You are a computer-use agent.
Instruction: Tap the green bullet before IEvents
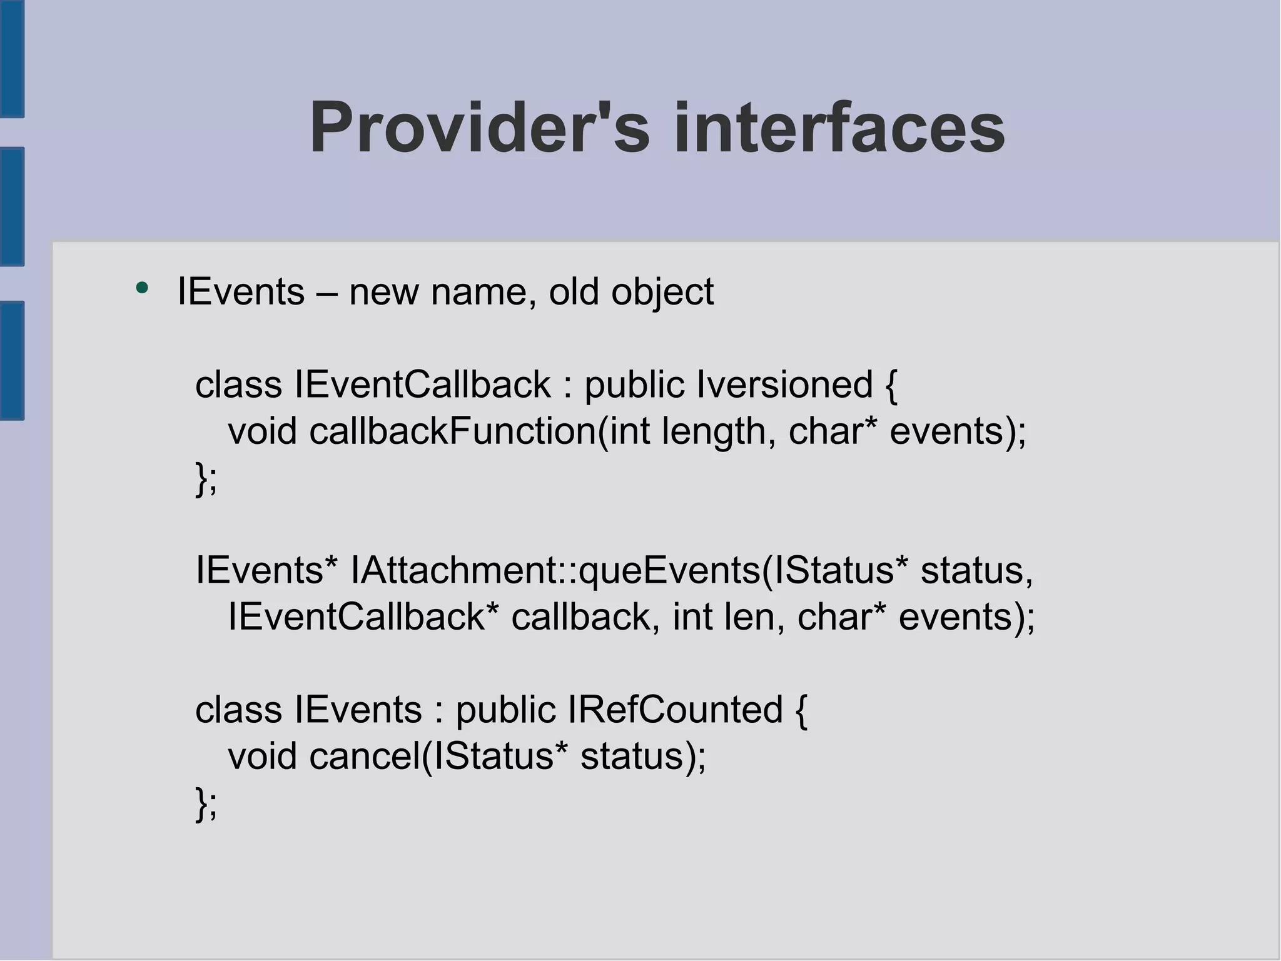click(142, 288)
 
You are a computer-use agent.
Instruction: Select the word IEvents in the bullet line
click(241, 291)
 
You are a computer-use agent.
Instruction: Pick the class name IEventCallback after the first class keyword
click(423, 384)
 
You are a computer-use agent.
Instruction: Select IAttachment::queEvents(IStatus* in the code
click(622, 570)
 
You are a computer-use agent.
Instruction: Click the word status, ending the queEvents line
click(976, 570)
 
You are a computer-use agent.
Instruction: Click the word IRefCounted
click(675, 710)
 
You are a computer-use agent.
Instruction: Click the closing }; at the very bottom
click(206, 803)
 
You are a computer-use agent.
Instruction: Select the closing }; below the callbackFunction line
click(206, 478)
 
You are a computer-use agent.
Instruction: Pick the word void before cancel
click(262, 756)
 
